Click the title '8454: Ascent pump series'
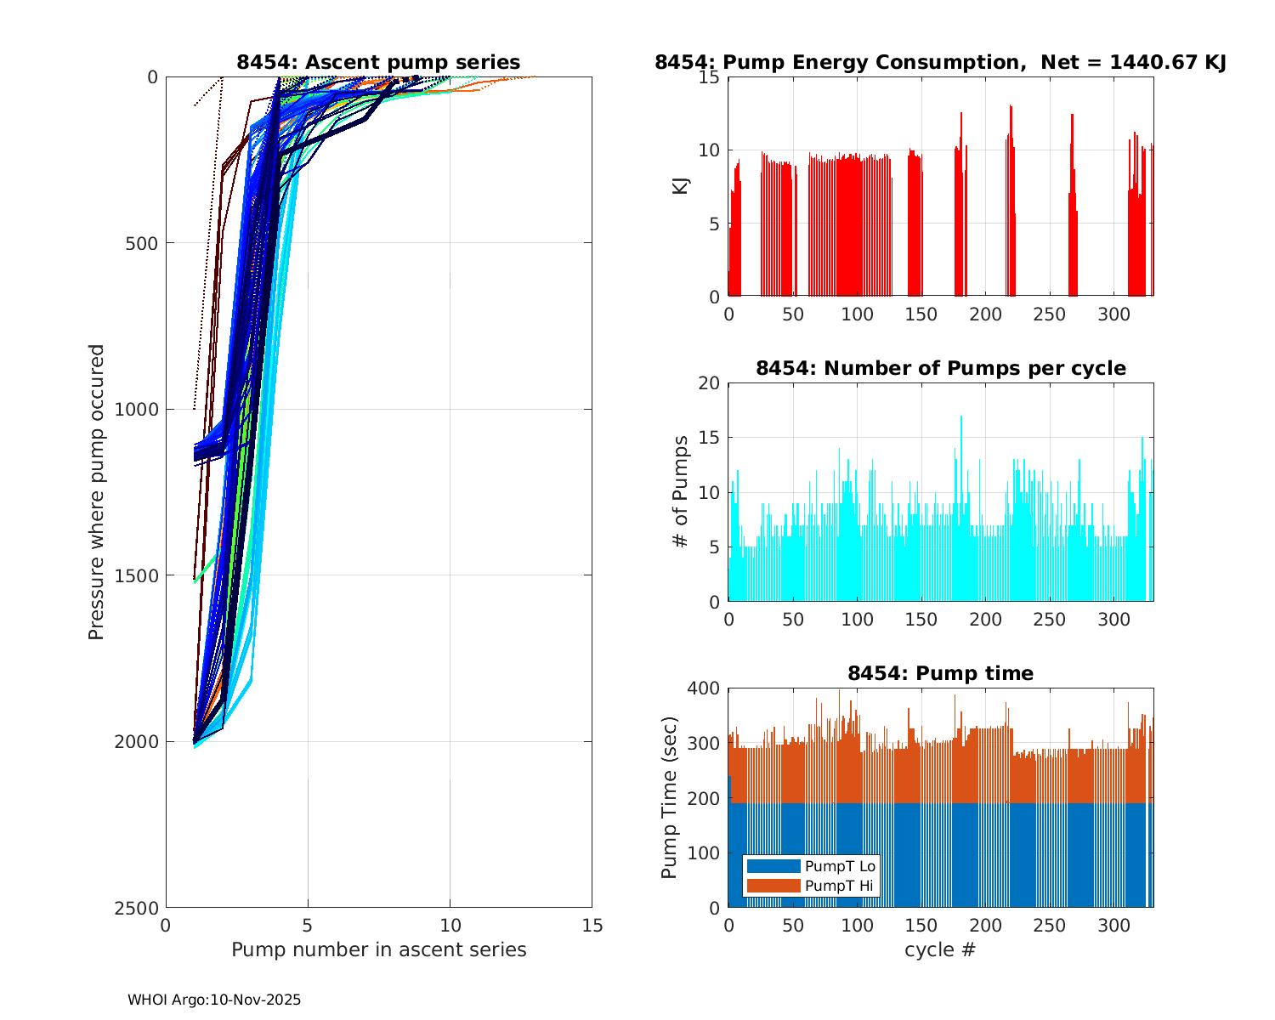378,62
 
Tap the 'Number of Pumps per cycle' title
940,368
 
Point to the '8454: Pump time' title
940,673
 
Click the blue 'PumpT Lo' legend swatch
773,866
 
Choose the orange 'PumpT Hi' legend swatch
773,886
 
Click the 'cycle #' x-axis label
940,949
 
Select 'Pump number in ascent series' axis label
378,949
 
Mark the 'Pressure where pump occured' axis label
96,492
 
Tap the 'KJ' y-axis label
680,185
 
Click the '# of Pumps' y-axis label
680,491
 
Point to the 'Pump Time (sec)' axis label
669,798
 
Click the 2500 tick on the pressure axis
139,908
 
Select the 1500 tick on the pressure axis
139,575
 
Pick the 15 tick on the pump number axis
592,925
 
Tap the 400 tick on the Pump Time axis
703,688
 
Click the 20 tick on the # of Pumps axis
709,383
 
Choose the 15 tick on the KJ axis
709,77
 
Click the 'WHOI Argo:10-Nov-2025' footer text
214,1000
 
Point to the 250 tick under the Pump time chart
1050,925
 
